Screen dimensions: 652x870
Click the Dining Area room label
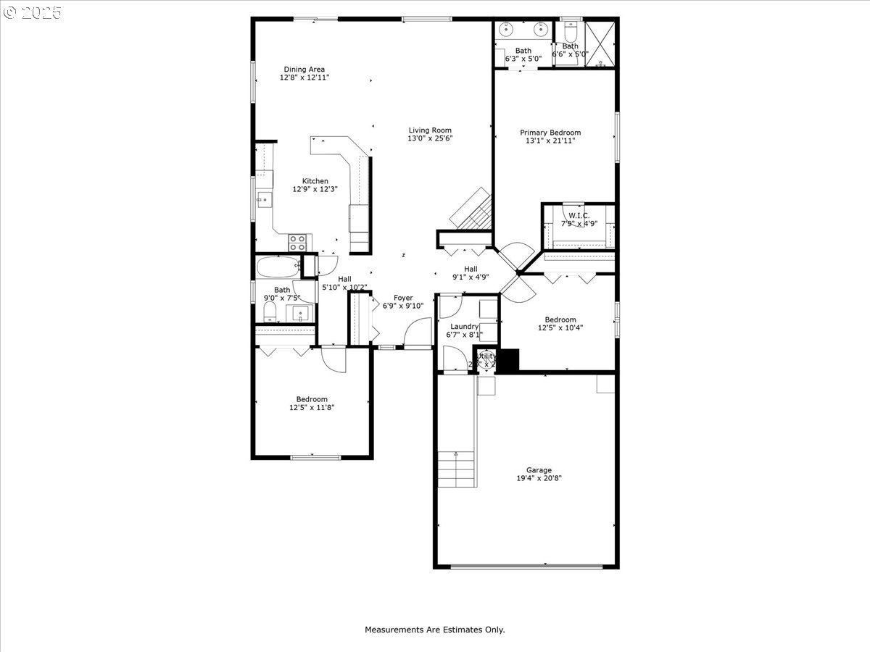pos(304,70)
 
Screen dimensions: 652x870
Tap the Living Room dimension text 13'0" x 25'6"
pos(430,138)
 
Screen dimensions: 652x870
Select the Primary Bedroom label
pos(550,133)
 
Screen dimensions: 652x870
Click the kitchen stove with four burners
pos(297,243)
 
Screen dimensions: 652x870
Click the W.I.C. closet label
pos(579,216)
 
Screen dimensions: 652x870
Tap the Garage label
pos(539,470)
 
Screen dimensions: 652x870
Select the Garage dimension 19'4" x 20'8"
pos(539,478)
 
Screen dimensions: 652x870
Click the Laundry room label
pos(464,326)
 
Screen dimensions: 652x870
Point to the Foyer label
pos(403,298)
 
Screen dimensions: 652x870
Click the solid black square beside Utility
pos(510,361)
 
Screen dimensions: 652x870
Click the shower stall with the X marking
pos(600,44)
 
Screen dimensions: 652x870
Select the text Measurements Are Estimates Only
pos(434,630)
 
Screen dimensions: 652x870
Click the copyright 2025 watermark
pos(33,12)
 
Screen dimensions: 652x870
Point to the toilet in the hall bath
pos(270,312)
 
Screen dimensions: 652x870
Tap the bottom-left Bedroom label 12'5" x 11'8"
pos(312,403)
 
